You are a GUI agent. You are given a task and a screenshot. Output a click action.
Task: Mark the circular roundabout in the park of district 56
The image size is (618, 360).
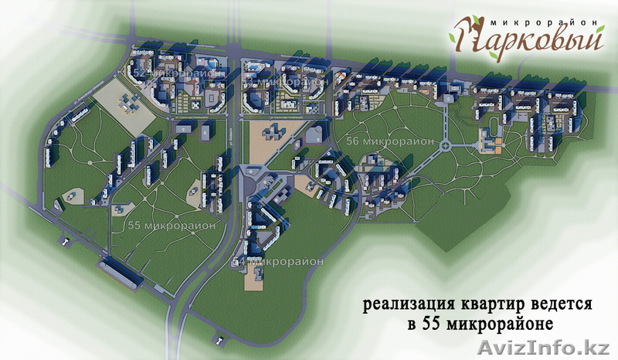(x=446, y=146)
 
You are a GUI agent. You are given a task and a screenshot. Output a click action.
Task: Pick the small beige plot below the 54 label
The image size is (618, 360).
(x=253, y=278)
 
